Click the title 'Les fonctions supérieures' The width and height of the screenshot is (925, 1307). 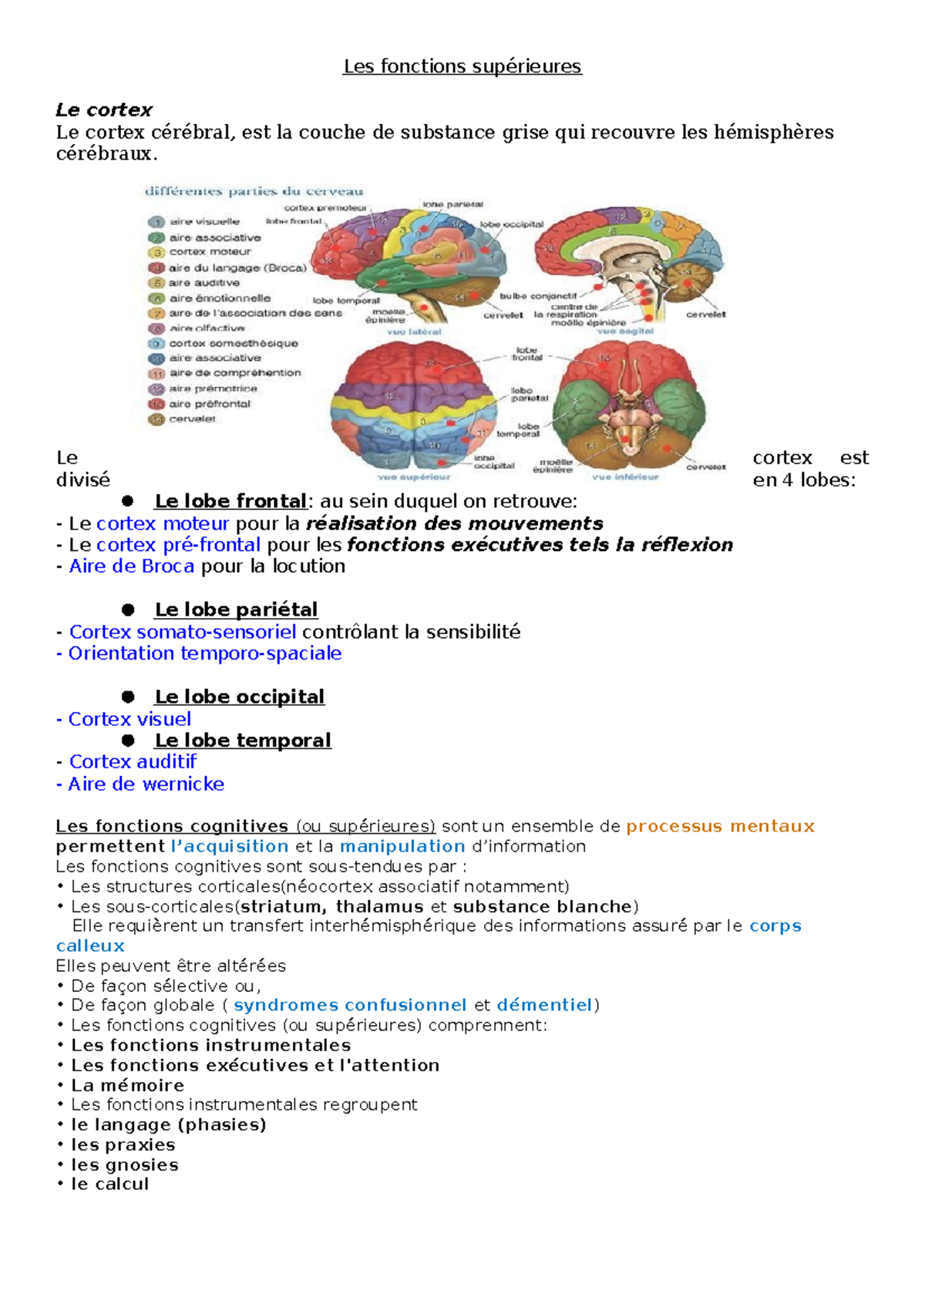(x=462, y=66)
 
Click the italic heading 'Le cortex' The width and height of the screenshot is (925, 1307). (x=104, y=109)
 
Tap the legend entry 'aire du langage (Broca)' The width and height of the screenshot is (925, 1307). (x=237, y=268)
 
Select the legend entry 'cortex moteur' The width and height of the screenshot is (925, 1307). (x=210, y=252)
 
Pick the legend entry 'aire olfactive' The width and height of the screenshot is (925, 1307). (x=207, y=328)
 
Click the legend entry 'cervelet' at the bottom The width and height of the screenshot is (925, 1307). (x=193, y=419)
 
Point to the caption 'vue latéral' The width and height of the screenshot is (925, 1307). (x=414, y=331)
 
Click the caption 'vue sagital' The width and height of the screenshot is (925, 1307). (x=625, y=331)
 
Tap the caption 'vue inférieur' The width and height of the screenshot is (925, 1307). (x=625, y=477)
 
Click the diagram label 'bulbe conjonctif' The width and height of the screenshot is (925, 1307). (x=538, y=296)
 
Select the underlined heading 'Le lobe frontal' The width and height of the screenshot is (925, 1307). (x=230, y=502)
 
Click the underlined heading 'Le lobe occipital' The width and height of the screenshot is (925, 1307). (x=240, y=697)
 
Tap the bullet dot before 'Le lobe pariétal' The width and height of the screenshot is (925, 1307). (x=128, y=610)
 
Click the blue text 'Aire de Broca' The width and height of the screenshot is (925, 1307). (x=132, y=566)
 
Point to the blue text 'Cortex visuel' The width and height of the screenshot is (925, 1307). (x=129, y=719)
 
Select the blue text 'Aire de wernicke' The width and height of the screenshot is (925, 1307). (x=146, y=784)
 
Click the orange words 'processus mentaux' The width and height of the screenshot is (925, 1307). (x=720, y=826)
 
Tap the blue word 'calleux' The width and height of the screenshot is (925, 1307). (x=90, y=946)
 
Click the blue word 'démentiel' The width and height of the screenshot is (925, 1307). (x=544, y=1005)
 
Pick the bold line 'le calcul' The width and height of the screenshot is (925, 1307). (x=109, y=1184)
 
